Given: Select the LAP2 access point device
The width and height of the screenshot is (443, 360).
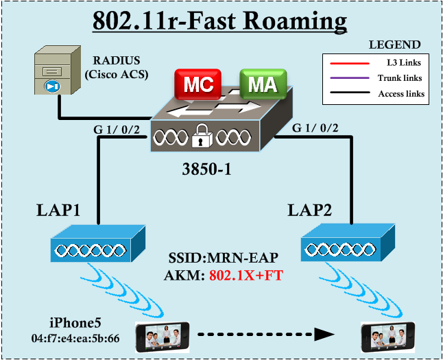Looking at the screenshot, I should click(348, 244).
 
